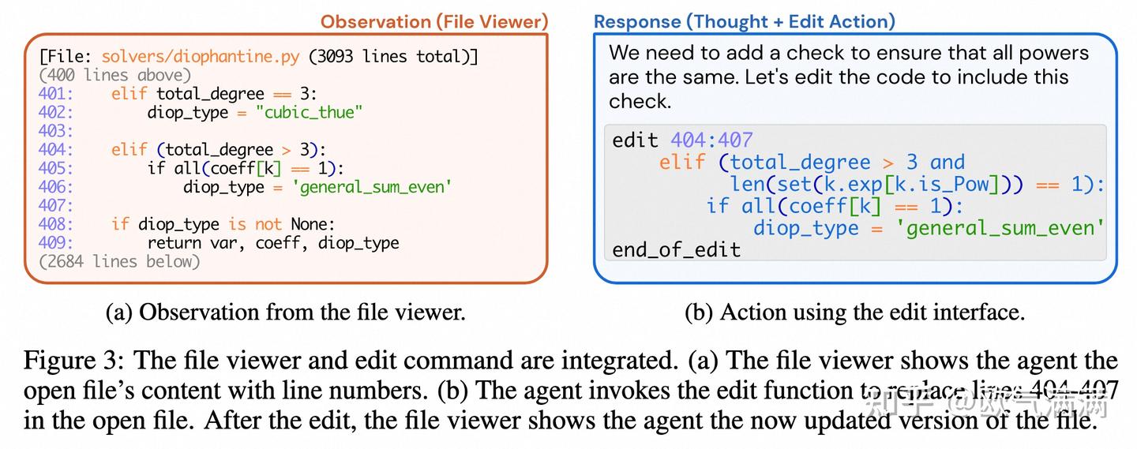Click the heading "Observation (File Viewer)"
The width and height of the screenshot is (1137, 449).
(433, 21)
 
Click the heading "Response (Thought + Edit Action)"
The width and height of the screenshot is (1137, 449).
(744, 21)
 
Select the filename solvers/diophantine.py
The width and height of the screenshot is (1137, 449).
(201, 57)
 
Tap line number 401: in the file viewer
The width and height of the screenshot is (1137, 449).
(55, 94)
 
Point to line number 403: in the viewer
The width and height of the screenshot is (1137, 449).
(55, 131)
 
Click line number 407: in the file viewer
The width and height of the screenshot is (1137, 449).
(55, 205)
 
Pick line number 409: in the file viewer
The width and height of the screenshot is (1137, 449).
(55, 242)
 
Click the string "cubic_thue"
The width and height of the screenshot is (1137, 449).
(309, 112)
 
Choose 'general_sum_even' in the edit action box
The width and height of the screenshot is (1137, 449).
(1004, 228)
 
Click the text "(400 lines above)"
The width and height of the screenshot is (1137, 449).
(114, 76)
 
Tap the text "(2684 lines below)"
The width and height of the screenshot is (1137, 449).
(118, 261)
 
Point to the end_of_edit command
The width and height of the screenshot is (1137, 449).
(676, 250)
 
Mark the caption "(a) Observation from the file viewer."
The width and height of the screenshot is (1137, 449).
(285, 312)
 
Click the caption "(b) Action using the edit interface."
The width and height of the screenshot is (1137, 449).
(854, 312)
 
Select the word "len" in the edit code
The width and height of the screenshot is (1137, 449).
(745, 185)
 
